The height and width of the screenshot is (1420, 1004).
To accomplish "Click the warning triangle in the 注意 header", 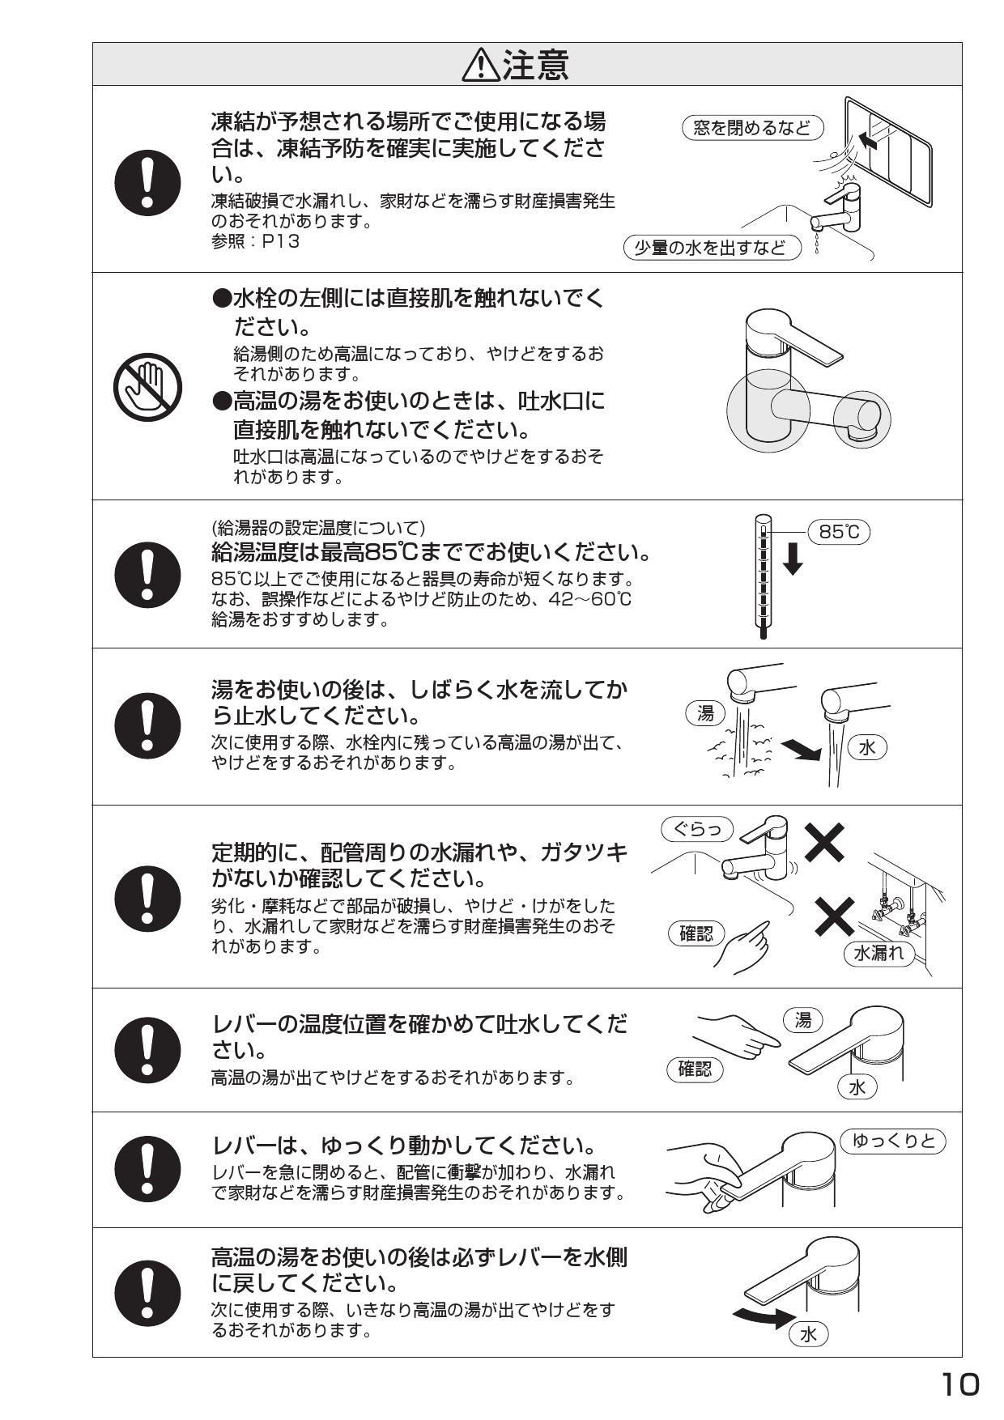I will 481,66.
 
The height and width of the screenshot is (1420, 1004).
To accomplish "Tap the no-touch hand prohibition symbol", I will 148,385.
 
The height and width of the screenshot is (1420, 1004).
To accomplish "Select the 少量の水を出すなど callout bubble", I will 712,248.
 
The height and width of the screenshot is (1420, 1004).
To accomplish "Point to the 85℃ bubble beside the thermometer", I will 839,532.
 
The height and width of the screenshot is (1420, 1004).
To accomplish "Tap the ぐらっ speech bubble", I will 697,830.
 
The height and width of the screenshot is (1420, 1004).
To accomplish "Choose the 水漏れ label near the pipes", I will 879,953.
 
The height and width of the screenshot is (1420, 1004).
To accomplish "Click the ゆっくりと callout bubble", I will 893,1142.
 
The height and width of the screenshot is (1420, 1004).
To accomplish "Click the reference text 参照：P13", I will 255,241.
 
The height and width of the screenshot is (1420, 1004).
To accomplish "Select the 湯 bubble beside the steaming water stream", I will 706,712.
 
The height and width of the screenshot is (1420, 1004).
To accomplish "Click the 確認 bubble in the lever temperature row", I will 695,1069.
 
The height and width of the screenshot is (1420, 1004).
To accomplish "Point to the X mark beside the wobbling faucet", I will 825,842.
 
